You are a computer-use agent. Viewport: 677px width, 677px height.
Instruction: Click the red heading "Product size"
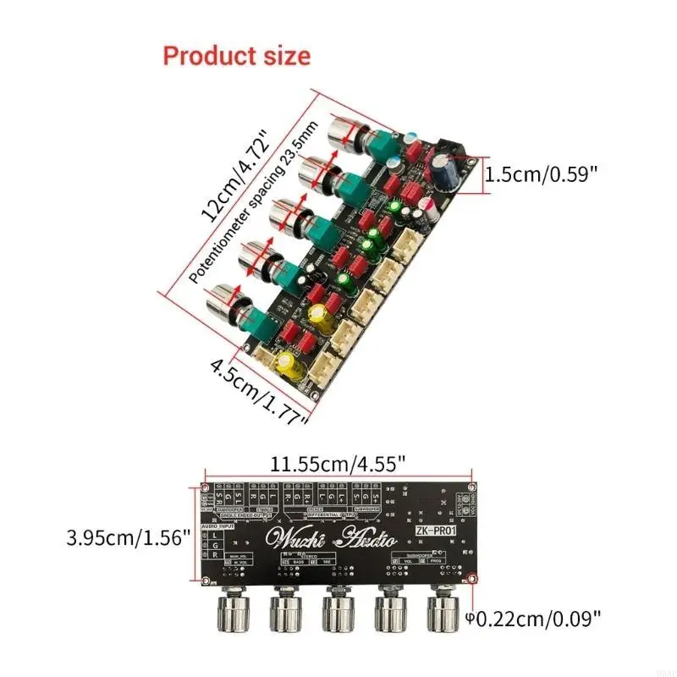point(236,56)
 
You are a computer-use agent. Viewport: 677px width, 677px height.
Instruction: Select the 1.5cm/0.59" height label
point(541,175)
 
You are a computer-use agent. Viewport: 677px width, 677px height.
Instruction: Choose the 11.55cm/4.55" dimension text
point(338,465)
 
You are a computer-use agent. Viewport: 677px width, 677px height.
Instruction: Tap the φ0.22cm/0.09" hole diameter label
point(536,619)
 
